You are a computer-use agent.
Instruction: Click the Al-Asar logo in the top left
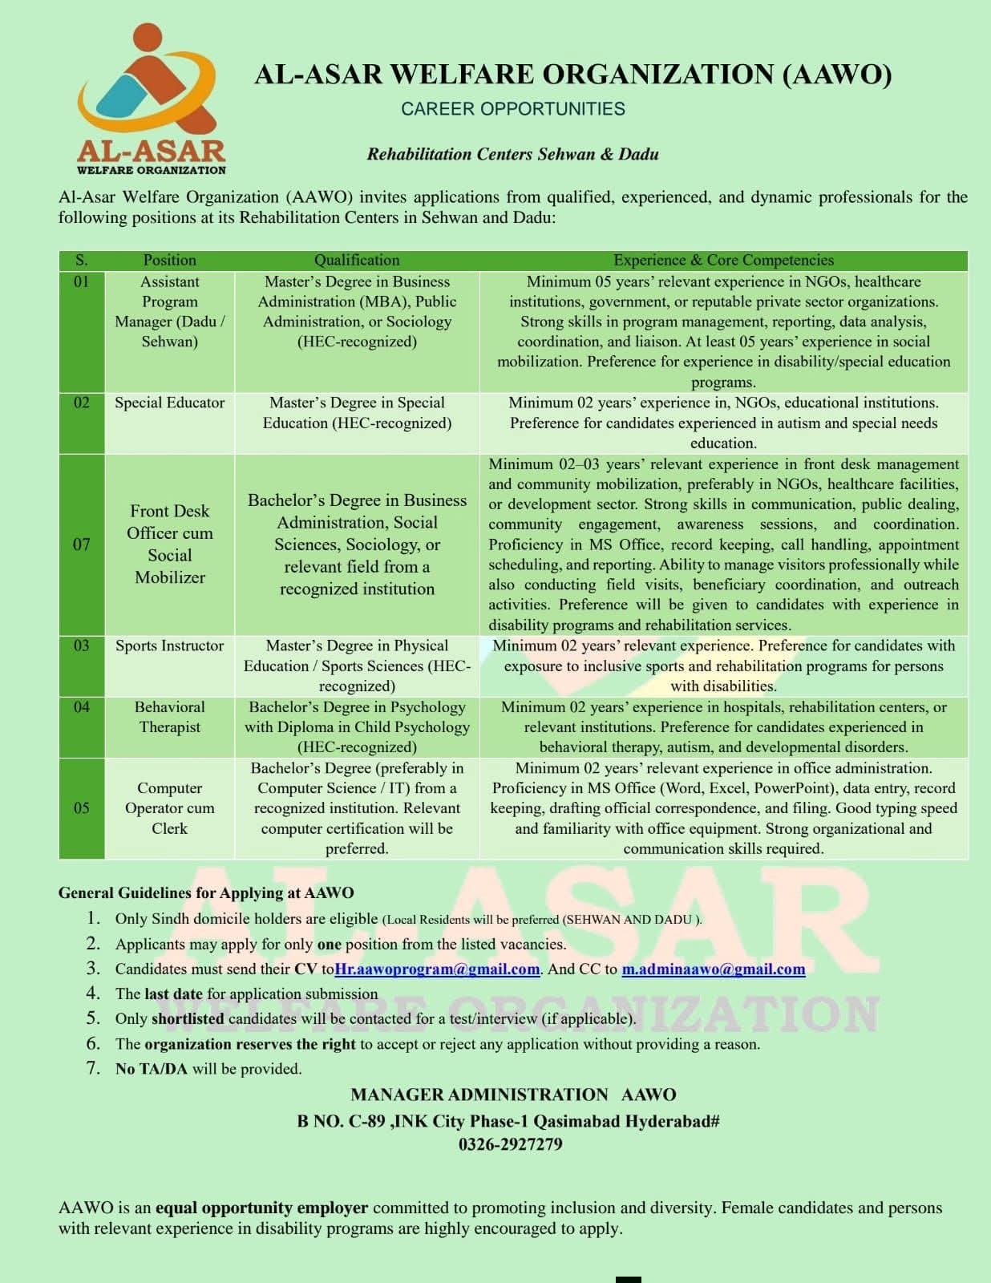(x=150, y=98)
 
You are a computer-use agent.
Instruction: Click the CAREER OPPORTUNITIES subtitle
(x=512, y=108)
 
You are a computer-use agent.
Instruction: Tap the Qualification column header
(x=357, y=260)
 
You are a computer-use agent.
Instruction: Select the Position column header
(x=169, y=260)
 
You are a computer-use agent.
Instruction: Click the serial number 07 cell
(x=81, y=544)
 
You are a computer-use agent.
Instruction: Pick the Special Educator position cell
(x=169, y=403)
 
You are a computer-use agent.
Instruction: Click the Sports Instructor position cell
(x=169, y=646)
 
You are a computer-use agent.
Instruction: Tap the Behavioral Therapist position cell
(x=169, y=717)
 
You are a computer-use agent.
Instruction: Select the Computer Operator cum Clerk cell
(x=169, y=807)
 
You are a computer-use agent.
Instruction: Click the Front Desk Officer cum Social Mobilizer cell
(x=169, y=544)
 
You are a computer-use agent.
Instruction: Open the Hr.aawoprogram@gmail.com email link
(x=437, y=969)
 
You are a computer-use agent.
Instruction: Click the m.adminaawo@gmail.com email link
(x=714, y=969)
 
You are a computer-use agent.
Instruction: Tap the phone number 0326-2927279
(x=511, y=1144)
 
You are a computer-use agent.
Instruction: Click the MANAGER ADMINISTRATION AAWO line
(x=513, y=1095)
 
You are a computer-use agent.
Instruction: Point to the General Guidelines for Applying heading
(x=206, y=892)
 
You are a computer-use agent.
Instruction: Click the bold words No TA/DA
(x=152, y=1069)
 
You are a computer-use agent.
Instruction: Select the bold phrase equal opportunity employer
(x=261, y=1208)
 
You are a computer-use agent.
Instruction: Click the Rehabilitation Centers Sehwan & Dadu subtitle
(x=512, y=154)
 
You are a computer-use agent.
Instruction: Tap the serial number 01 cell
(x=81, y=282)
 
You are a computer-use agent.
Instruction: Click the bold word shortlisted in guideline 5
(x=188, y=1018)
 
